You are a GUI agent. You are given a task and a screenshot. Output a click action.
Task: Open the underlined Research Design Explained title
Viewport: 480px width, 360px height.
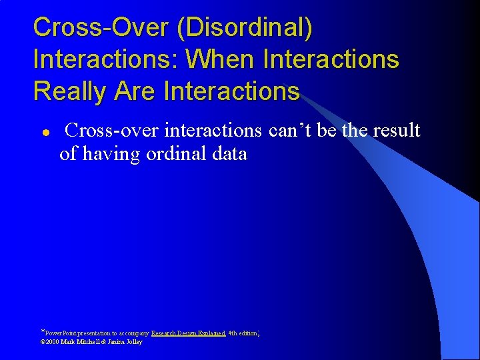[189, 332]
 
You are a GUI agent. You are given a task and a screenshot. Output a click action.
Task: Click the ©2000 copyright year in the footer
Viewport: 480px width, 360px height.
[51, 342]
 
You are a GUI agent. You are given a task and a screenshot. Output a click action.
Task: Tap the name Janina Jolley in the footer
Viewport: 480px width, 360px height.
[125, 342]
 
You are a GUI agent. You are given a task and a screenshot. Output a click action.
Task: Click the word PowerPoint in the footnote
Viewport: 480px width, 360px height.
[61, 332]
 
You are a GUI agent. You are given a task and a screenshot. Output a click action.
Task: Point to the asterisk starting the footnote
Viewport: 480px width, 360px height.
[43, 331]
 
